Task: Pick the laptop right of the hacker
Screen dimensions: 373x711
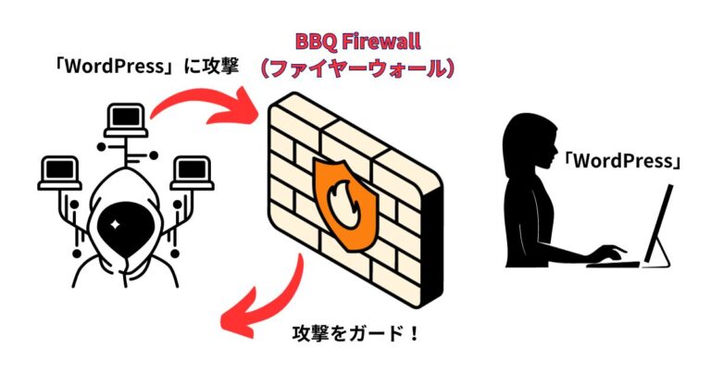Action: tap(193, 171)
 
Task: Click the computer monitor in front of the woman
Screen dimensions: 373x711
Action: tap(660, 227)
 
